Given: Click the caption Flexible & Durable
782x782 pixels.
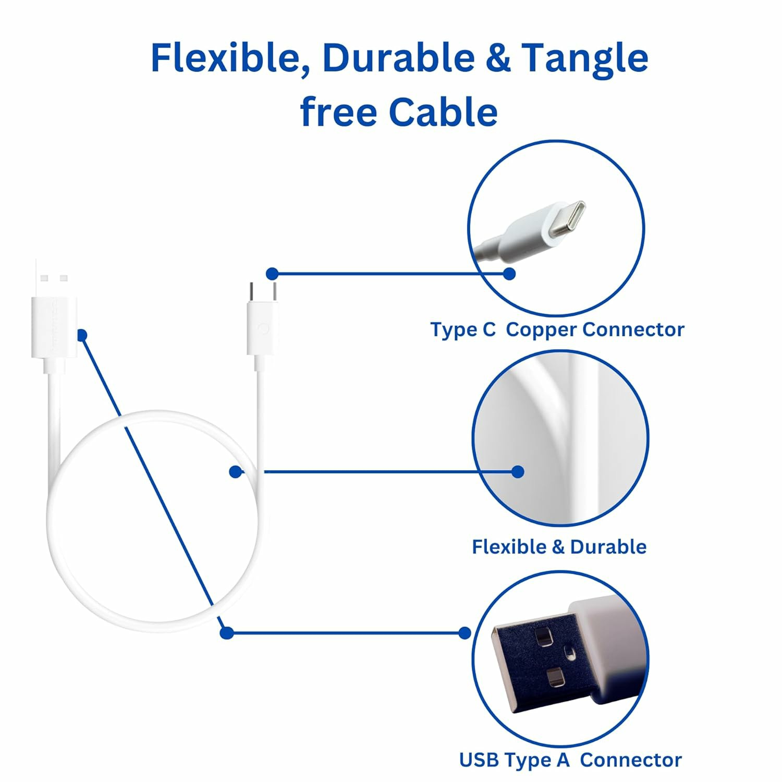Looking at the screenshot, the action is pyautogui.click(x=559, y=547).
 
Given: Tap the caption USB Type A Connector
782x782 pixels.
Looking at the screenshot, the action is pyautogui.click(x=570, y=760).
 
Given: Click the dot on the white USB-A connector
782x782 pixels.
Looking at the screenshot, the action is pyautogui.click(x=82, y=335).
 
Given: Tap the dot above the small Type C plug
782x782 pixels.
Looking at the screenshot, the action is pyautogui.click(x=272, y=274).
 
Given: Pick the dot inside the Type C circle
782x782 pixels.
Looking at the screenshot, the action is pyautogui.click(x=509, y=274).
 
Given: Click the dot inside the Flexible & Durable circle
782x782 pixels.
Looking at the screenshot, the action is pyautogui.click(x=518, y=472).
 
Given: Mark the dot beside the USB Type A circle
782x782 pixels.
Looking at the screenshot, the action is pyautogui.click(x=464, y=633).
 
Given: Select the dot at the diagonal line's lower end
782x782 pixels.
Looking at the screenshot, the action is pyautogui.click(x=226, y=633).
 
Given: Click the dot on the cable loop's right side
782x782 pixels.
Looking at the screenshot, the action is pyautogui.click(x=236, y=472).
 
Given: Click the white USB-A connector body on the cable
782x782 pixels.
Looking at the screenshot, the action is pyautogui.click(x=54, y=327).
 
